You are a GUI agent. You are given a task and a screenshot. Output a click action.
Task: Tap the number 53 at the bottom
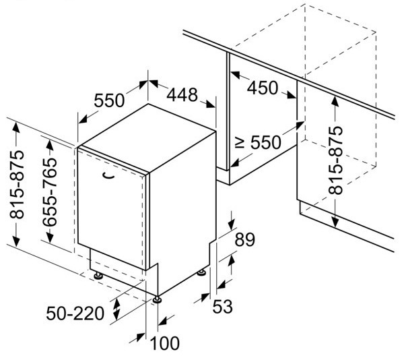point(222,305)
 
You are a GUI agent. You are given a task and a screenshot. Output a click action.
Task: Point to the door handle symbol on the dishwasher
point(108,175)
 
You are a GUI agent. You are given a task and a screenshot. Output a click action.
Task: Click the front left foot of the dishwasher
point(98,275)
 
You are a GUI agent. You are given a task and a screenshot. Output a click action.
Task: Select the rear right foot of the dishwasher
point(201,272)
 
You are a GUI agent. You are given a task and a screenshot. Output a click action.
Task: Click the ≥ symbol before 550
point(239,142)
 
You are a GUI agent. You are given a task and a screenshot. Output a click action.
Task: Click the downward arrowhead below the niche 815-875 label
point(335,222)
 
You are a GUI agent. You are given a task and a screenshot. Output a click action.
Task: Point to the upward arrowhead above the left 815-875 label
point(15,125)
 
